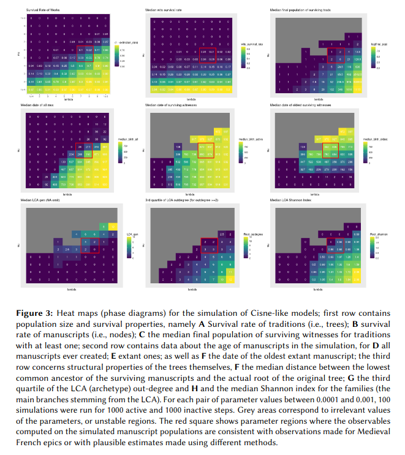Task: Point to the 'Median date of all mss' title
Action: (x=42, y=106)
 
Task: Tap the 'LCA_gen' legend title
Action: (x=130, y=234)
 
